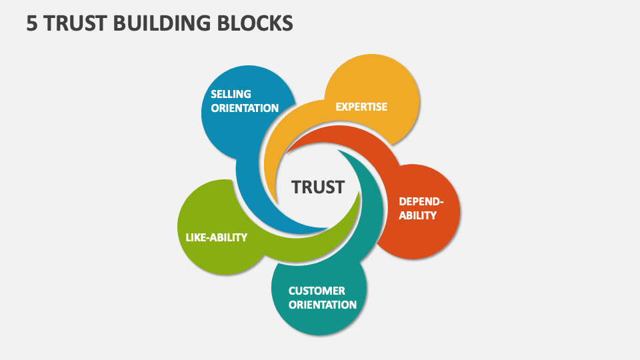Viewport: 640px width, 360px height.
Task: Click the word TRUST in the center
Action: point(318,187)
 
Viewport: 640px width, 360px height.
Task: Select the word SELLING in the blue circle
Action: point(231,94)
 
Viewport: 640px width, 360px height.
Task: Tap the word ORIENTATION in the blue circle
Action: point(245,108)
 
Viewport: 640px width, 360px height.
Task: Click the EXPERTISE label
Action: point(361,107)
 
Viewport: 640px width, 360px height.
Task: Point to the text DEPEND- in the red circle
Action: point(421,201)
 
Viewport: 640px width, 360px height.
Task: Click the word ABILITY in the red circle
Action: point(417,215)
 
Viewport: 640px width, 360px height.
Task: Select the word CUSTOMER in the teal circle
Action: point(317,291)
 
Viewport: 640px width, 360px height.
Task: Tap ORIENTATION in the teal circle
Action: point(322,305)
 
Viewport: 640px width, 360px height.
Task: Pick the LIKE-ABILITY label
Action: point(216,237)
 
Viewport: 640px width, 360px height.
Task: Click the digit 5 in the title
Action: point(31,23)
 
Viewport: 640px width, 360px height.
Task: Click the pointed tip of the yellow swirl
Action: point(277,203)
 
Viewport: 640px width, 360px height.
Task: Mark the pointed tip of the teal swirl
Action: point(338,150)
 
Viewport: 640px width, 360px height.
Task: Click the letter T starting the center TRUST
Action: point(297,187)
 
